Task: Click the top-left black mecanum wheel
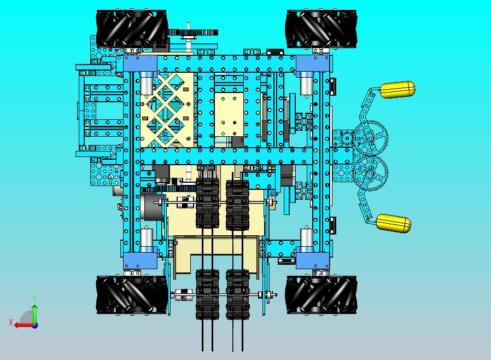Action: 131,29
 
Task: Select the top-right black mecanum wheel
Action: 321,29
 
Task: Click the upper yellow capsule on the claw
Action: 398,89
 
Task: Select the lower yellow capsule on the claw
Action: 393,223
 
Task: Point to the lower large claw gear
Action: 370,172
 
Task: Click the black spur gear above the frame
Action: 193,32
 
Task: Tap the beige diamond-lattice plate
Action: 167,112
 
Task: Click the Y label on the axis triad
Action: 34,298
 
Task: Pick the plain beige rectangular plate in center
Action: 228,115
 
